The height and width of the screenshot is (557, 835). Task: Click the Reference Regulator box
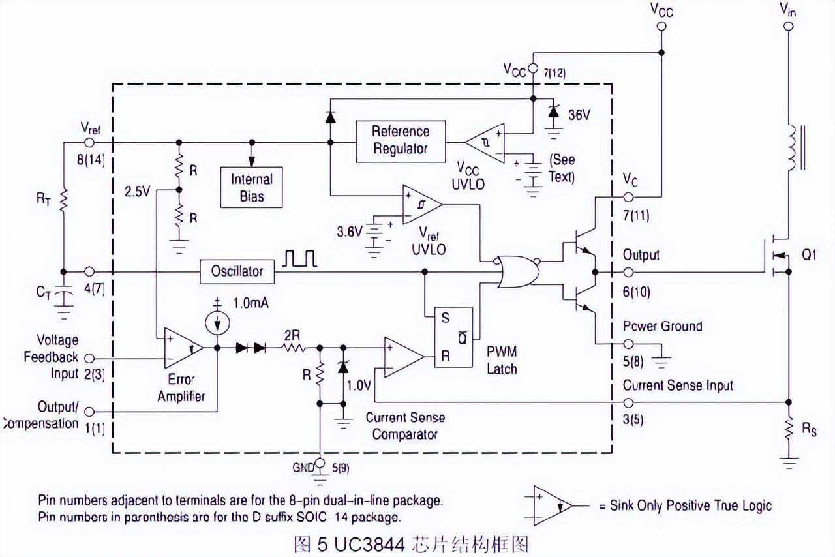[401, 141]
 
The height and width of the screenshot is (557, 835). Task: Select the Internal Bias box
[251, 187]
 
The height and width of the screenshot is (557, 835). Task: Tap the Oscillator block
[237, 271]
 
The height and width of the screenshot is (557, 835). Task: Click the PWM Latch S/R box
[454, 337]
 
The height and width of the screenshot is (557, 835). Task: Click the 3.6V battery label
[349, 231]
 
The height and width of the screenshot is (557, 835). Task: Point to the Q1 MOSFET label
[810, 256]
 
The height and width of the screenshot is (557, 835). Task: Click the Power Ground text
[662, 326]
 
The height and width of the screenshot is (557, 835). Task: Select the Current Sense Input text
[678, 385]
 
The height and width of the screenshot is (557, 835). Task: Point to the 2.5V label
[138, 191]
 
